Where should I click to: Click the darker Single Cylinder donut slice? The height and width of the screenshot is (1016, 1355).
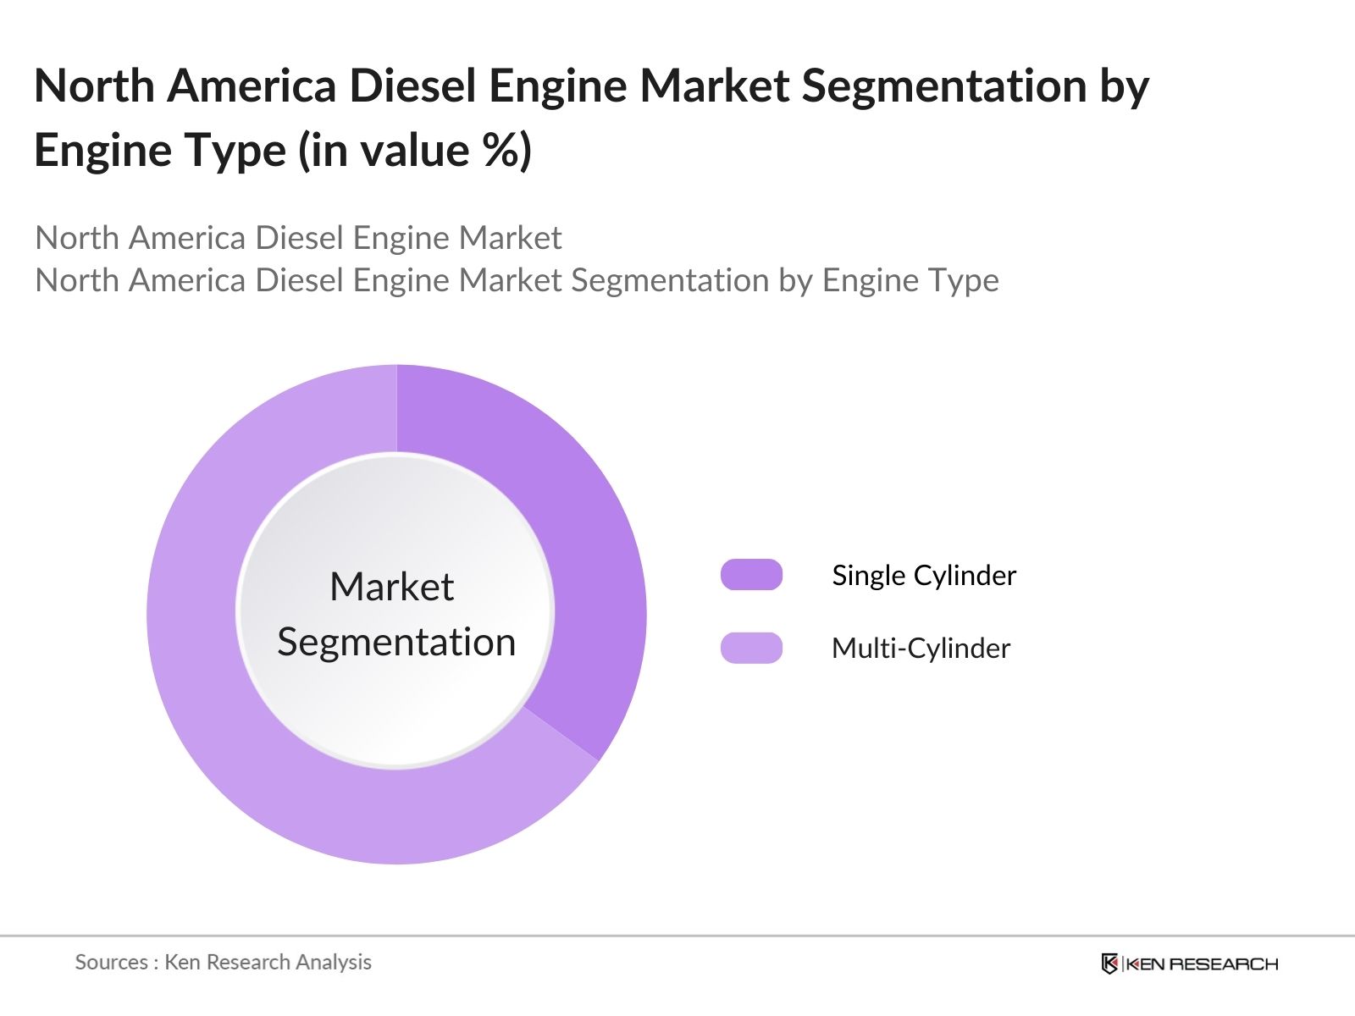click(x=584, y=550)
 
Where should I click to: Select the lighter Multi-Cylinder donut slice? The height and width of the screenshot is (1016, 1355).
click(x=220, y=677)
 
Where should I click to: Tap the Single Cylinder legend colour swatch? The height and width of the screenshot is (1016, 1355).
click(x=751, y=575)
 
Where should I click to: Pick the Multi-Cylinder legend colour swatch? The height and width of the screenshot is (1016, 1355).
click(x=751, y=648)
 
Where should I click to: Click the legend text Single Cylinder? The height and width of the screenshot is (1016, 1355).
click(x=923, y=576)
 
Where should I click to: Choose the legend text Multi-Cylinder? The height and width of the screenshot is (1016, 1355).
click(x=921, y=649)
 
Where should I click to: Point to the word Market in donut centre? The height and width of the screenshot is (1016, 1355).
click(x=391, y=587)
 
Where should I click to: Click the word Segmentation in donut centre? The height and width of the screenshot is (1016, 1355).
click(x=396, y=642)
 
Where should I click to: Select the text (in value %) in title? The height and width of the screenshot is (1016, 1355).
click(x=414, y=151)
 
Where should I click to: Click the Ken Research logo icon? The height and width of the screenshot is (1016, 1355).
click(x=1109, y=964)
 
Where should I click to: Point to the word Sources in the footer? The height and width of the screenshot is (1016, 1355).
click(x=111, y=962)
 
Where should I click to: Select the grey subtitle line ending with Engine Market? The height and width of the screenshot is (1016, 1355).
click(x=298, y=238)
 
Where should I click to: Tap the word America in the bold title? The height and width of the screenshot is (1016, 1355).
click(x=252, y=86)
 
